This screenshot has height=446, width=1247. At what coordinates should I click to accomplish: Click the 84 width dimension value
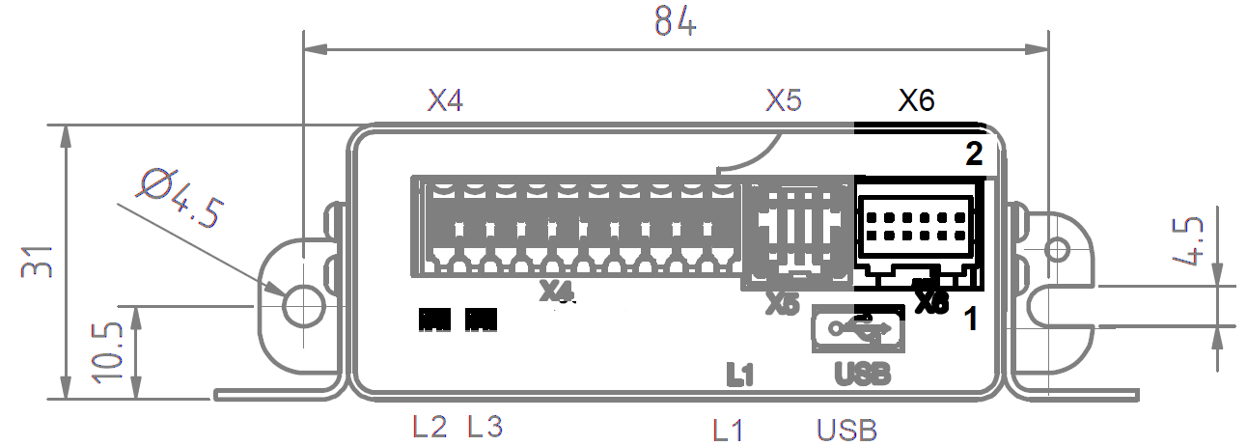(675, 20)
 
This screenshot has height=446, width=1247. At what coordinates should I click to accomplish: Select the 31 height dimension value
(38, 261)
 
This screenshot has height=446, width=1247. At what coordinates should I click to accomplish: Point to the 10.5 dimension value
(108, 351)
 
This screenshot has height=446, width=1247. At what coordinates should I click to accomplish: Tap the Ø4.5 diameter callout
(182, 199)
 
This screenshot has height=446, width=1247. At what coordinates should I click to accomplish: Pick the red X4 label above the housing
(445, 100)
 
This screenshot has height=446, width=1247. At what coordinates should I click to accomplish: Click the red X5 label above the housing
(784, 100)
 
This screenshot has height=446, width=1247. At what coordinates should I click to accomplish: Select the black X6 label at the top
(916, 100)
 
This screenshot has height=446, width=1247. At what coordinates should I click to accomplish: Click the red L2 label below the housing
(430, 426)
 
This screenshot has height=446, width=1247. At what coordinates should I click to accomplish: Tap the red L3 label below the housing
(485, 426)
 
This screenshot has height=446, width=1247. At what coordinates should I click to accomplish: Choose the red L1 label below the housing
(728, 429)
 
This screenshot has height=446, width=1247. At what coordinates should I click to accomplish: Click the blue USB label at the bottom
(847, 429)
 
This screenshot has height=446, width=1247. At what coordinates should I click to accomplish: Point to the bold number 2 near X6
(975, 153)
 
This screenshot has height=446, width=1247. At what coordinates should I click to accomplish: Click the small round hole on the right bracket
(1057, 249)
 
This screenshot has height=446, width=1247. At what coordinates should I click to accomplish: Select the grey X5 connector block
(797, 232)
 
